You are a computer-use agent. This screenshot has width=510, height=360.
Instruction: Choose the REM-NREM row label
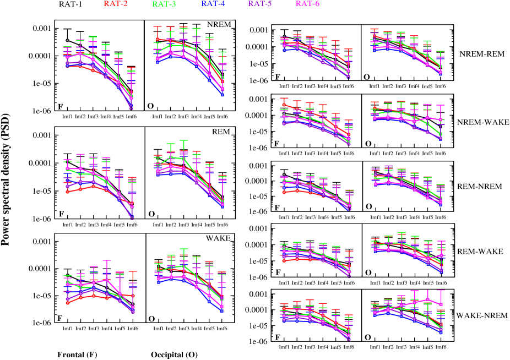pos(480,186)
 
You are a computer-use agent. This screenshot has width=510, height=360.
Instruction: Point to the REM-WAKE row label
pos(480,251)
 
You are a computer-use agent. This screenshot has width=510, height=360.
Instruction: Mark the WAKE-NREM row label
pos(481,316)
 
